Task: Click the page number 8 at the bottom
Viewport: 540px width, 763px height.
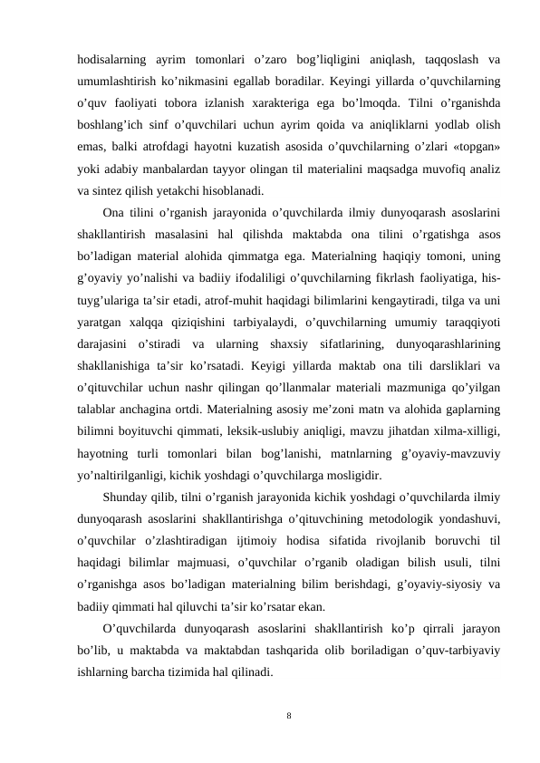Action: (288, 716)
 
